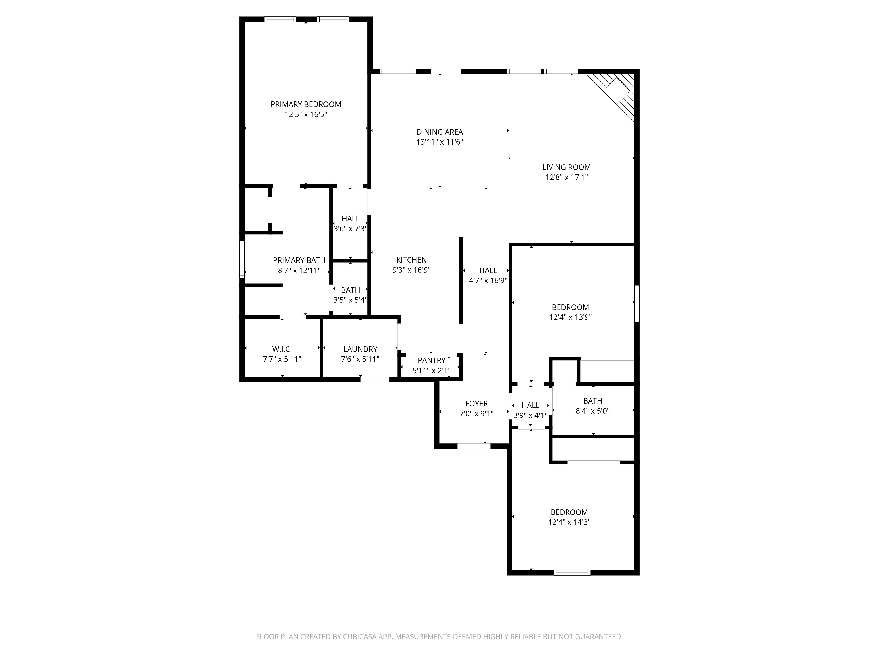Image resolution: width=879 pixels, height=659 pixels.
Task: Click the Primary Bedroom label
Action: coord(306,105)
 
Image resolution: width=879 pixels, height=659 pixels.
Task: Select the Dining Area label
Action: coord(439,132)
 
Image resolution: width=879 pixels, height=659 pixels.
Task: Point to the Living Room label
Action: coord(566,167)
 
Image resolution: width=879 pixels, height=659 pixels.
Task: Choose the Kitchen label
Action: coord(411,260)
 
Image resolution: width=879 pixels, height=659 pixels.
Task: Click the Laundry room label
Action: coord(360,349)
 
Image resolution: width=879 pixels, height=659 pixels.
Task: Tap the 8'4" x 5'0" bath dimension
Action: coord(592,411)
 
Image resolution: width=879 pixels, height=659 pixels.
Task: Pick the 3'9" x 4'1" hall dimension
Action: coord(530,416)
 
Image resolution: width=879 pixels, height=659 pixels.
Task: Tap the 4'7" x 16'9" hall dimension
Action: coord(488,281)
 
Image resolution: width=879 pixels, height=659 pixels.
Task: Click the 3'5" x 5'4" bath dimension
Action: coord(350,300)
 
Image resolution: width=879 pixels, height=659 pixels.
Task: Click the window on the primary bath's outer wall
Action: coord(242,259)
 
